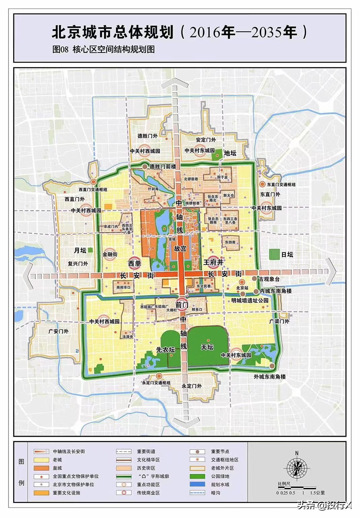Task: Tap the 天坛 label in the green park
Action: pos(207,347)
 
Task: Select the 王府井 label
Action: pos(213,262)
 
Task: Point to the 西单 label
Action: pos(135,263)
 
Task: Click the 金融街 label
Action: pos(110,255)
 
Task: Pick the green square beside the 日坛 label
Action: pos(275,254)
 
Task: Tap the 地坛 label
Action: pos(230,153)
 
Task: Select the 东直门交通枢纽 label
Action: pos(281,185)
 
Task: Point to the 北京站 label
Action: pos(242,288)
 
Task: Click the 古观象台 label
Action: pos(269,279)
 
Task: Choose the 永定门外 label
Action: pos(192,386)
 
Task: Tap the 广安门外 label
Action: pos(59,331)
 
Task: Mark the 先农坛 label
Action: pos(166,350)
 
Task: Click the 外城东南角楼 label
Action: pos(270,377)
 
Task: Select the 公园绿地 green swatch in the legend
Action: pos(197,476)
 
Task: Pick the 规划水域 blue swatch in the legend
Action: pos(197,485)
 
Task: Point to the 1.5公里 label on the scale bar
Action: pos(318,493)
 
